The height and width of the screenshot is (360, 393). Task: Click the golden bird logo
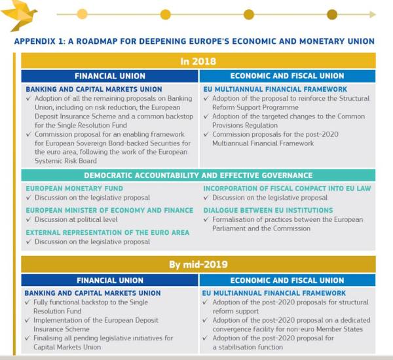(x=20, y=16)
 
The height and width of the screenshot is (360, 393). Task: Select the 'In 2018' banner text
(x=197, y=61)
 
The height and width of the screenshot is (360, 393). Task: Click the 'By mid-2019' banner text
(x=197, y=264)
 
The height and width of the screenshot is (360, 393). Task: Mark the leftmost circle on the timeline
(x=82, y=14)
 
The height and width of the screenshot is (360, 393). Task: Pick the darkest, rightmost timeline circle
(x=332, y=14)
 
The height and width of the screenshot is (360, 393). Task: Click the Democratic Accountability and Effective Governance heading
(x=198, y=175)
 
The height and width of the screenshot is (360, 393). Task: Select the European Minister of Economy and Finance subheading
(x=109, y=211)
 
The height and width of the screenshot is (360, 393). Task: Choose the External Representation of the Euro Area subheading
(x=107, y=232)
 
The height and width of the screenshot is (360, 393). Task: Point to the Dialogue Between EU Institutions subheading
(x=268, y=211)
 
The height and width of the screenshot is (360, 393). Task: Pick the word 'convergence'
(x=234, y=329)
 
